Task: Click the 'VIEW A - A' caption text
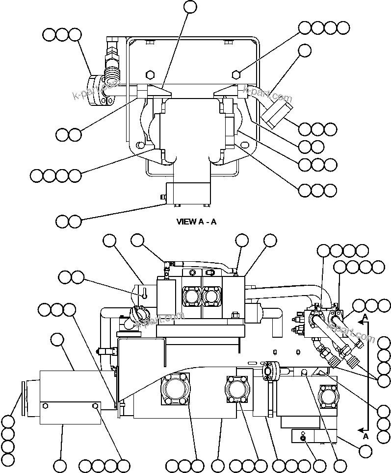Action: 196,222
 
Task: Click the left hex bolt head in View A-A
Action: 151,75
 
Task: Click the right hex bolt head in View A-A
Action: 236,75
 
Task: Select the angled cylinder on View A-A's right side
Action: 277,113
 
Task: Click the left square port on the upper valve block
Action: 191,297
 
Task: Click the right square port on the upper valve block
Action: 211,297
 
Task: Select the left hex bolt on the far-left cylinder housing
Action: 46,406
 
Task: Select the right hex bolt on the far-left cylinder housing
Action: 97,406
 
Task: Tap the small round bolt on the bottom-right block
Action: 303,438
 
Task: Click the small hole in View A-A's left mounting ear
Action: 140,145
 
